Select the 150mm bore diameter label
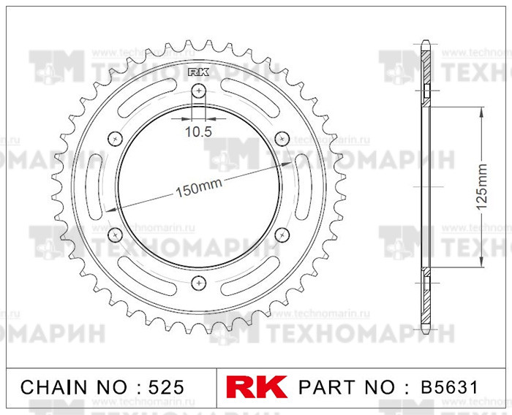pyautogui.click(x=198, y=189)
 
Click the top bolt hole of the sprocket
pyautogui.click(x=197, y=91)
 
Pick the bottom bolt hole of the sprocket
pyautogui.click(x=197, y=282)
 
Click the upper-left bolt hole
pyautogui.click(x=114, y=139)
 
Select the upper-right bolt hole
pyautogui.click(x=282, y=139)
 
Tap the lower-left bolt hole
pyautogui.click(x=114, y=234)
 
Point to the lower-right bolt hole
pyautogui.click(x=282, y=234)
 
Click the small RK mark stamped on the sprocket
pyautogui.click(x=197, y=72)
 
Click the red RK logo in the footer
pyautogui.click(x=258, y=387)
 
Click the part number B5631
pyautogui.click(x=449, y=387)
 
